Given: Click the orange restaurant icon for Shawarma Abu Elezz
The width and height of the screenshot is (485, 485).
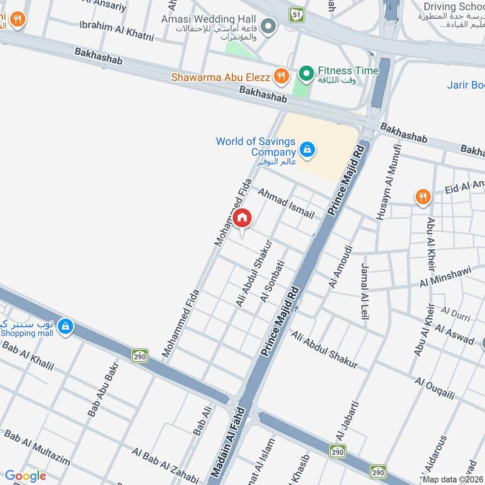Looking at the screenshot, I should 280,76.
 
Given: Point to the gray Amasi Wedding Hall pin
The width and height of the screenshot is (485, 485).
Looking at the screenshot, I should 269,26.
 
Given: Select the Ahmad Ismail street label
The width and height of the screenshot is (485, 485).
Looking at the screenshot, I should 286,204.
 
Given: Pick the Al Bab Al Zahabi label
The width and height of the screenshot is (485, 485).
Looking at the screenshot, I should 165,466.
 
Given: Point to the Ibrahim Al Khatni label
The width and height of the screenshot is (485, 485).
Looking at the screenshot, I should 116,31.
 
